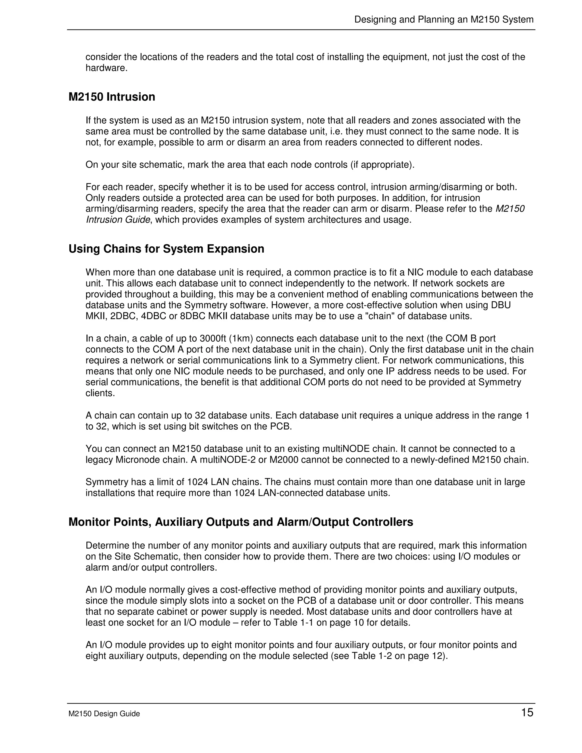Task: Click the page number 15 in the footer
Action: (527, 712)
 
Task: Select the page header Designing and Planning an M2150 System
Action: (444, 19)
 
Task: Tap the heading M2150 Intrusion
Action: (112, 97)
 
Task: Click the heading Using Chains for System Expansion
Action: (166, 249)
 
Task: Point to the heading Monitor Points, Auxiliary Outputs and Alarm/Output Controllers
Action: (241, 522)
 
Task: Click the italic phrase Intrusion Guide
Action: (118, 220)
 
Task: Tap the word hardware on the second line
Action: (106, 68)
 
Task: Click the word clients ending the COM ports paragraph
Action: (100, 393)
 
